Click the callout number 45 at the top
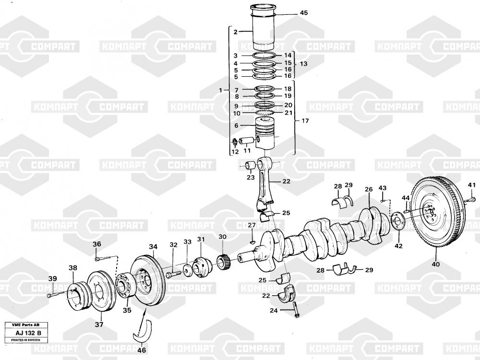[304, 13]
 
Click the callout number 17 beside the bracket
[305, 121]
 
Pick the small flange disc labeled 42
[397, 222]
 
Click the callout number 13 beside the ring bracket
[303, 64]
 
